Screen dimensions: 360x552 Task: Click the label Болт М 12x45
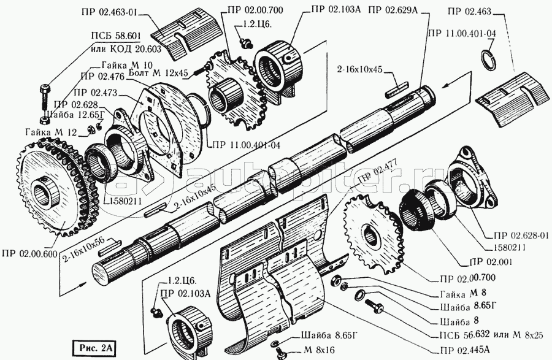pos(159,72)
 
